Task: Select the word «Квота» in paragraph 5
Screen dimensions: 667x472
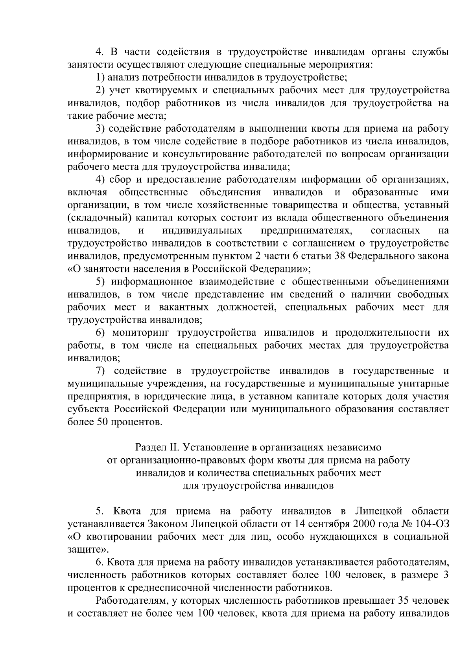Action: [x=126, y=511]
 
